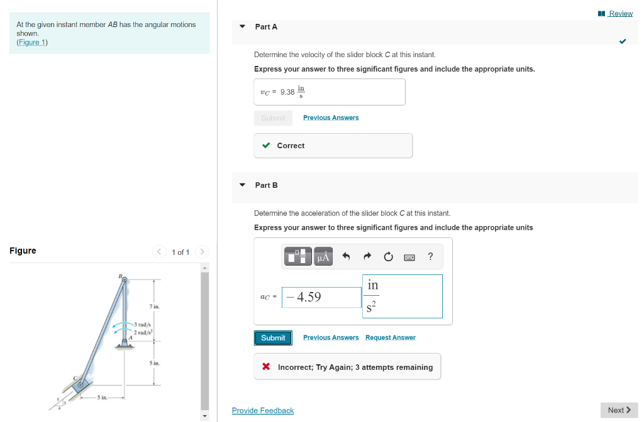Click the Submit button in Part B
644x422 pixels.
(x=273, y=338)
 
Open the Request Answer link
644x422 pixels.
(x=390, y=338)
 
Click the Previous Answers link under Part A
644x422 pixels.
(x=331, y=118)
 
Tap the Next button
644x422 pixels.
(x=619, y=410)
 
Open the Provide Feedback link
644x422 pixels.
(x=263, y=411)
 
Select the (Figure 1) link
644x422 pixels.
(x=32, y=43)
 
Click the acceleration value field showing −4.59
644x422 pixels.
(x=321, y=297)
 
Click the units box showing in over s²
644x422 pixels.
(x=402, y=296)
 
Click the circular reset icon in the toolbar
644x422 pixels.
(x=388, y=256)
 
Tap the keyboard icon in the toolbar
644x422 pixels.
(x=409, y=256)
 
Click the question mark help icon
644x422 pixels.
(x=430, y=256)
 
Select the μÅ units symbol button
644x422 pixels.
(x=324, y=256)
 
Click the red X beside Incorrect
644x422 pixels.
(x=267, y=367)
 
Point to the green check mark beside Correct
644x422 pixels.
(x=267, y=146)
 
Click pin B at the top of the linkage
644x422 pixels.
(x=124, y=280)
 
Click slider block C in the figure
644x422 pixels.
(x=80, y=385)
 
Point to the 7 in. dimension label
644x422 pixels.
(x=155, y=306)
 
